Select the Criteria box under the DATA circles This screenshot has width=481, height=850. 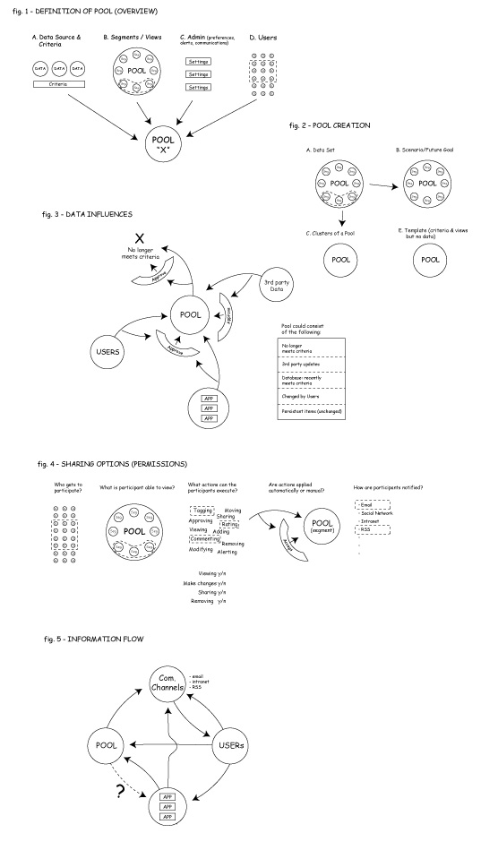pyautogui.click(x=58, y=83)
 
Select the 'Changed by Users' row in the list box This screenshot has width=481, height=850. pyautogui.click(x=310, y=394)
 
